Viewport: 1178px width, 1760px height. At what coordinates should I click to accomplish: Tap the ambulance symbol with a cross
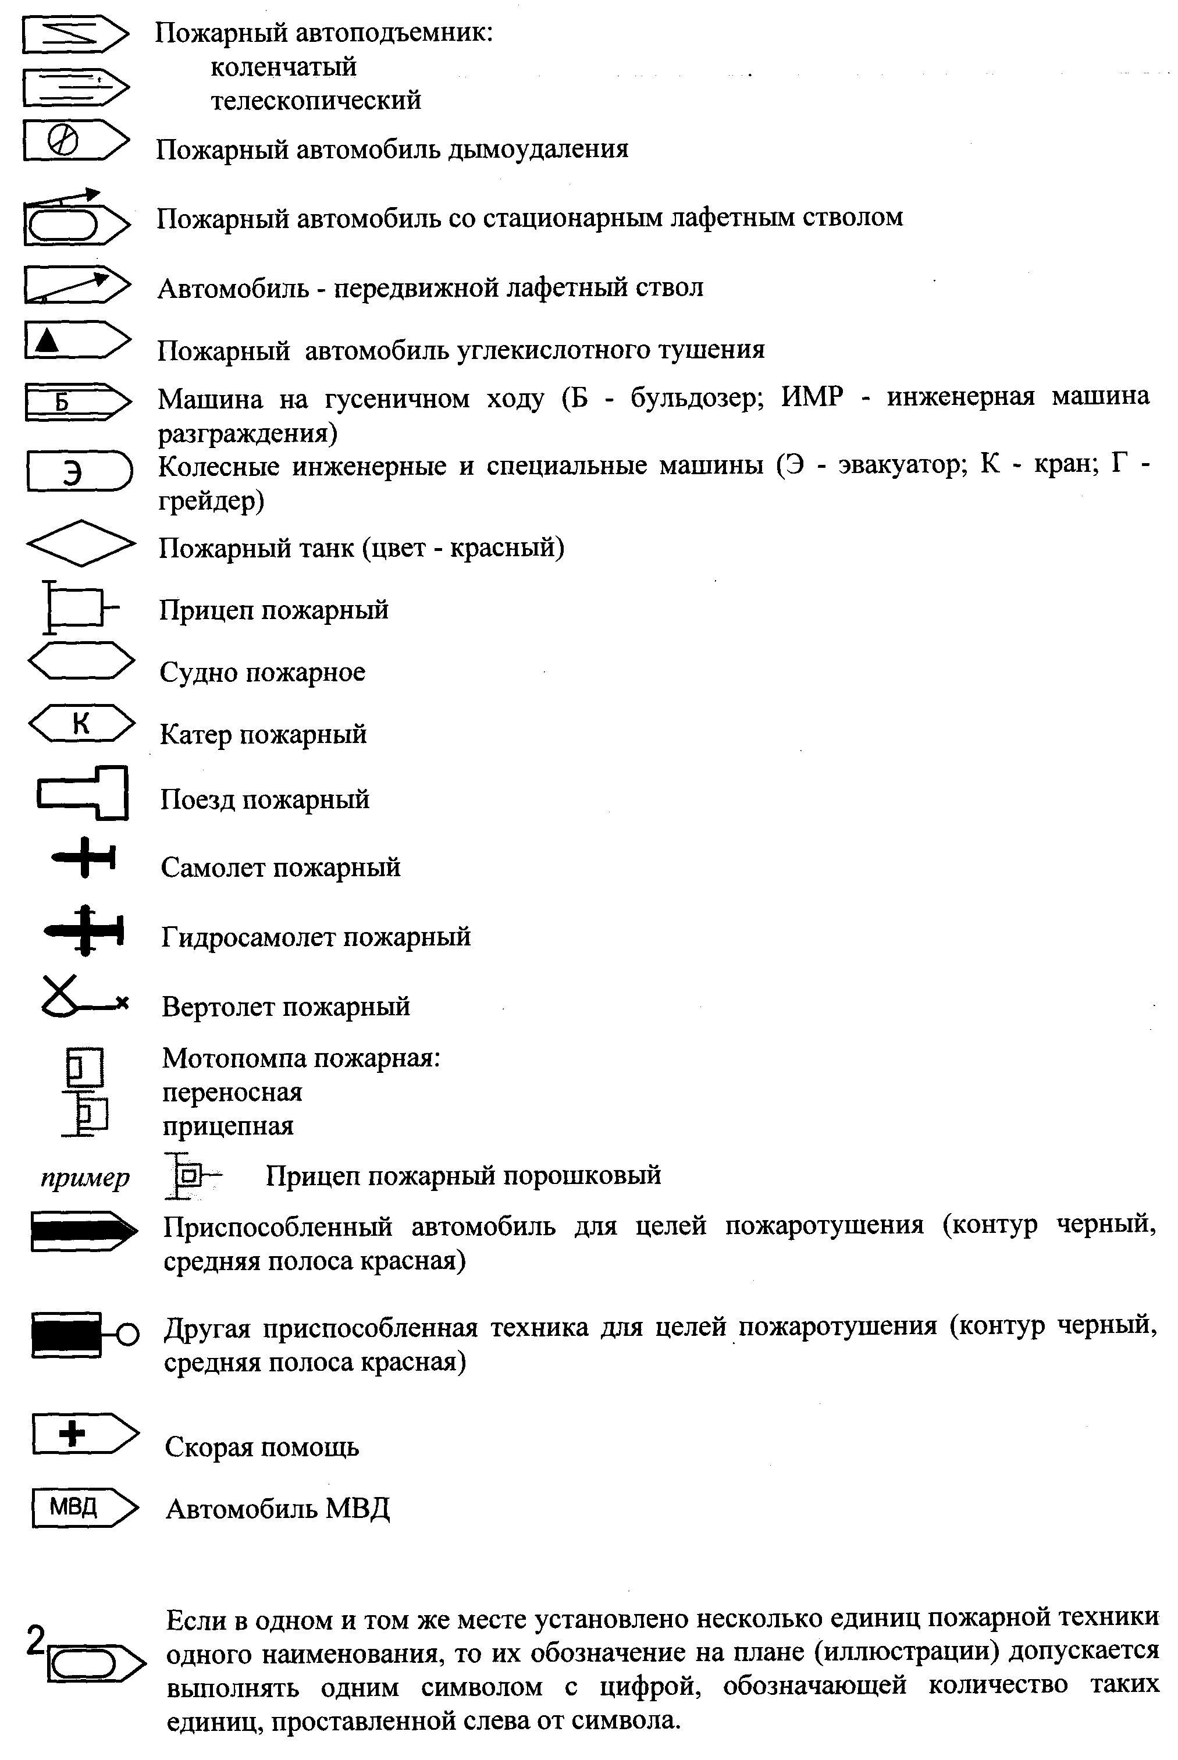pos(84,1433)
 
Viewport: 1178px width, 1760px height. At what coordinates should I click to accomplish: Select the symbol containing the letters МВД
pos(84,1507)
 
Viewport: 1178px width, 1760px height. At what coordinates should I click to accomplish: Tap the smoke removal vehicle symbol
pos(75,140)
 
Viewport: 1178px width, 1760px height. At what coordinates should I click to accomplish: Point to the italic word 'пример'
pos(85,1177)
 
